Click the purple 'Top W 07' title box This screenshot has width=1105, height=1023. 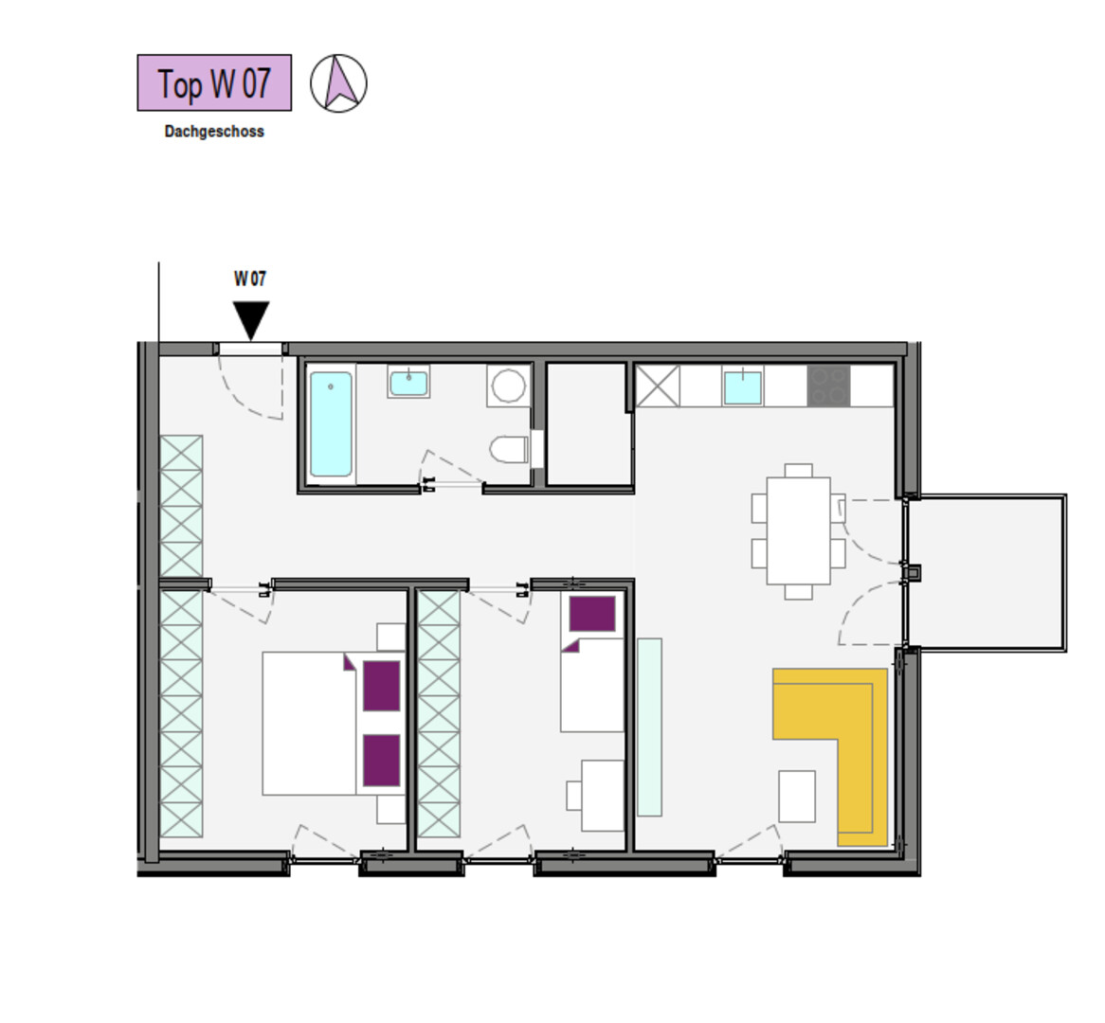(214, 82)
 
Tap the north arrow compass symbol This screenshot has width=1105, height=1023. (339, 83)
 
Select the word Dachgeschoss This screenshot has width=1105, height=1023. (214, 132)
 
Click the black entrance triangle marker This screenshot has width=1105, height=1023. (251, 320)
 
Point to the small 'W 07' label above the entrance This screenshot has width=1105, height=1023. (250, 279)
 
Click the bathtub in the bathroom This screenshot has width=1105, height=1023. (331, 424)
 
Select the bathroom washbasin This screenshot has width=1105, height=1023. (408, 382)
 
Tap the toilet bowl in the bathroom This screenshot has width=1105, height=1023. (509, 450)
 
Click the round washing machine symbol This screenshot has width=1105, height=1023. (508, 386)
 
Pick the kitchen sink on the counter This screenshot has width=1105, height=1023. (743, 386)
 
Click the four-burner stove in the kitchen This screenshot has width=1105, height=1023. (828, 386)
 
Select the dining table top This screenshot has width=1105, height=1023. (799, 530)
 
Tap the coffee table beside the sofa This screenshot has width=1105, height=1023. (797, 796)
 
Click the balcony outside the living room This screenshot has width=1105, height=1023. (986, 573)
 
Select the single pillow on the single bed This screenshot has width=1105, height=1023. (592, 614)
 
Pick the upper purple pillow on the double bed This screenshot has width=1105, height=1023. (381, 686)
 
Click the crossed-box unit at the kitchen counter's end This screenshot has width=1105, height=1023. (658, 386)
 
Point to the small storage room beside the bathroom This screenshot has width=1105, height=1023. (587, 424)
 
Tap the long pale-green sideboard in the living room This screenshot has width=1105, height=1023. (650, 727)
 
